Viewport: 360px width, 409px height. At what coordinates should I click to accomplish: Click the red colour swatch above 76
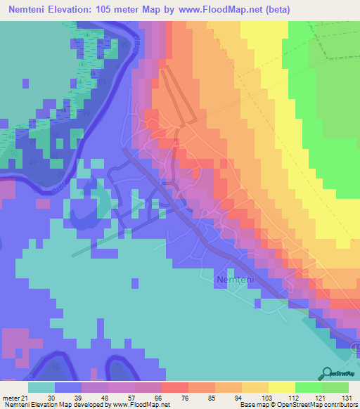174,387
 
